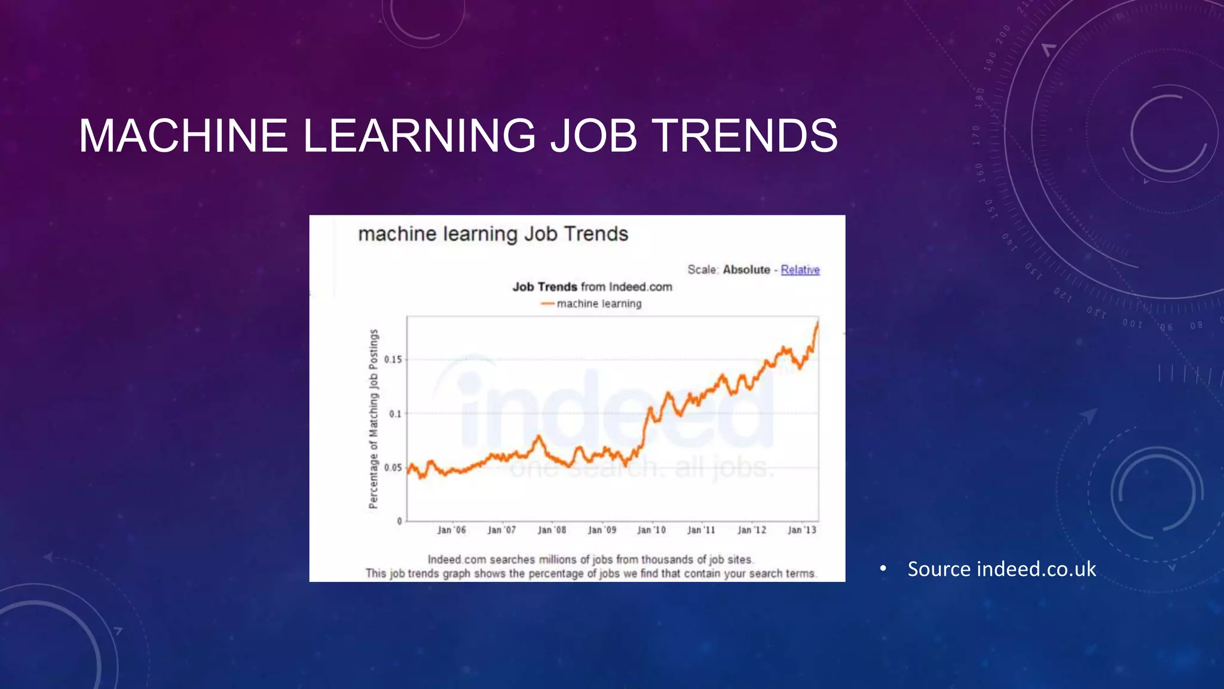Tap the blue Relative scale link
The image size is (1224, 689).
(800, 270)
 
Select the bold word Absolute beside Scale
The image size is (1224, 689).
(746, 270)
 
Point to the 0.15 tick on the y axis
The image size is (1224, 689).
(393, 359)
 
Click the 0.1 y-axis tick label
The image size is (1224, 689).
(395, 414)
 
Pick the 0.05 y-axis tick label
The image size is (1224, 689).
(393, 468)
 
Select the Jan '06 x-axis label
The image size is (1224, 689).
(451, 530)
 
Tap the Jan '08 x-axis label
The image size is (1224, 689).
(552, 530)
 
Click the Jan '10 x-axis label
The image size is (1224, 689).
(651, 530)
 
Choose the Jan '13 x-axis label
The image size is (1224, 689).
(801, 530)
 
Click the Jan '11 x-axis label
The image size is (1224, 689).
(701, 530)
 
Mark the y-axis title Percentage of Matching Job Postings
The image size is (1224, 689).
(374, 419)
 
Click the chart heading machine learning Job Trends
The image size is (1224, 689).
(493, 234)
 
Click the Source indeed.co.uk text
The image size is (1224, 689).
(1002, 569)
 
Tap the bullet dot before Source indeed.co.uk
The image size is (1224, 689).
(883, 569)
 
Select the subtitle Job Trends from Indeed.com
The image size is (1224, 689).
(592, 287)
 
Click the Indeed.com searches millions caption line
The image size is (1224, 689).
(590, 560)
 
